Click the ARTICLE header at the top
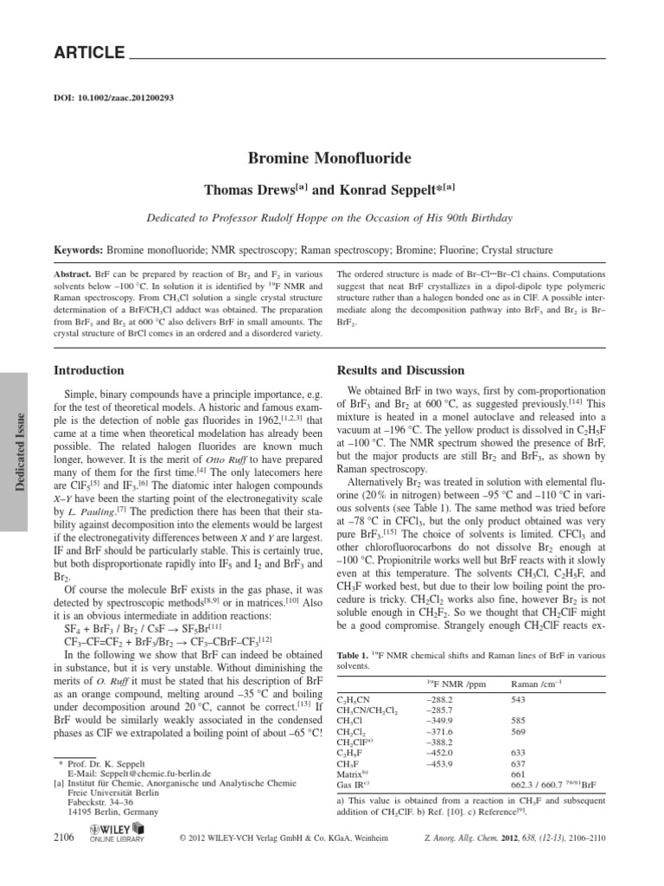(90, 53)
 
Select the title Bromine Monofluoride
(331, 158)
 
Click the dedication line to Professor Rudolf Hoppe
(331, 218)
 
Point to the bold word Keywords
(78, 251)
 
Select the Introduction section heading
(89, 369)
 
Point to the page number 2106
(65, 838)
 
